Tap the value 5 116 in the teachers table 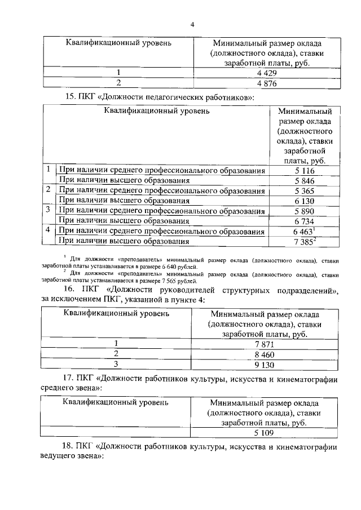304,171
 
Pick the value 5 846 304,181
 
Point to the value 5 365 304,191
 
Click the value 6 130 304,201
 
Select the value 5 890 304,211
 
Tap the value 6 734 304,221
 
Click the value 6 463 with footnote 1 303,232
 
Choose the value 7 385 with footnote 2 303,242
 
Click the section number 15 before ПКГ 71,97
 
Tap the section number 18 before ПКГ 71,447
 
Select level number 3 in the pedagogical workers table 49,211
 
